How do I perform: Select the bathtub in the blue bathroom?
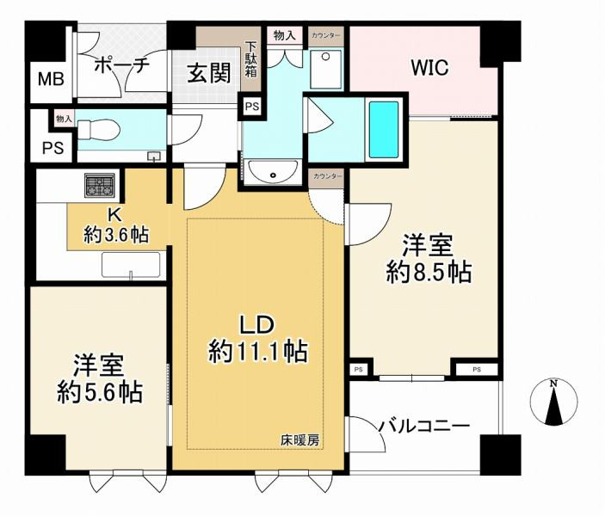click(x=384, y=129)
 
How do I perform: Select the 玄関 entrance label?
click(x=208, y=74)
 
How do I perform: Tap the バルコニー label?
click(x=425, y=425)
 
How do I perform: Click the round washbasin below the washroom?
click(x=273, y=173)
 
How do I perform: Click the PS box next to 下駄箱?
click(x=251, y=107)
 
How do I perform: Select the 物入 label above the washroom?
click(x=284, y=35)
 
